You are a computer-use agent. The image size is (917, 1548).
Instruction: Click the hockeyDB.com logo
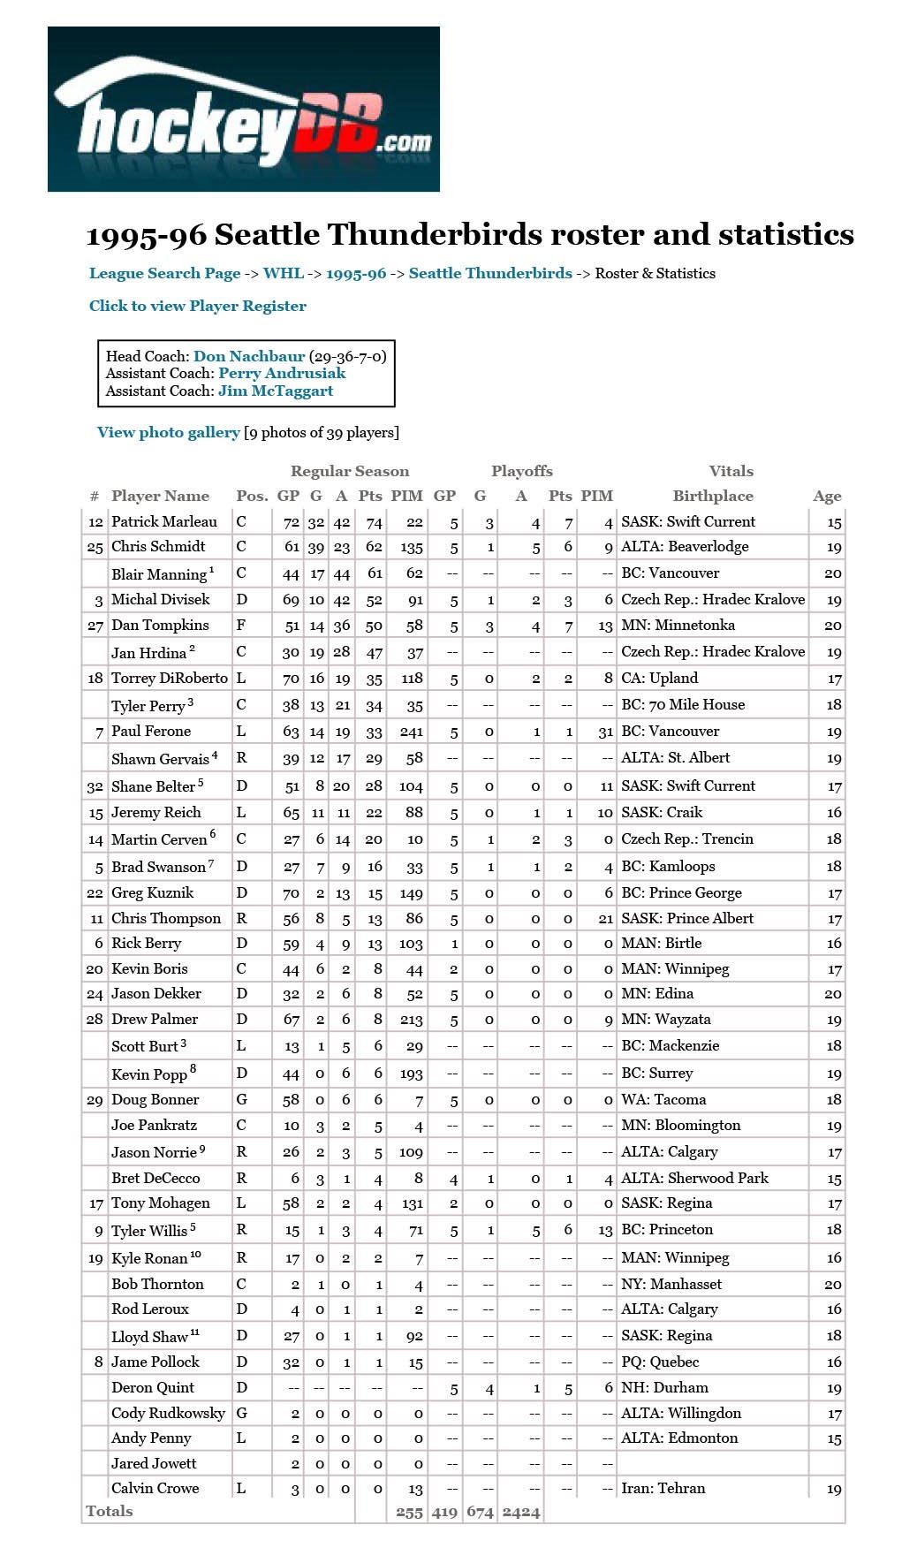coord(243,110)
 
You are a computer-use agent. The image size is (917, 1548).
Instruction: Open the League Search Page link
coord(164,274)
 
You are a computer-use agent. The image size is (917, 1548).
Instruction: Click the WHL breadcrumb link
coord(283,274)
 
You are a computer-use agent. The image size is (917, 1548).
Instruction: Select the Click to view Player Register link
coord(197,307)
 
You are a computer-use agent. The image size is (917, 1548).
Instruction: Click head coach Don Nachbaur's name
coord(249,357)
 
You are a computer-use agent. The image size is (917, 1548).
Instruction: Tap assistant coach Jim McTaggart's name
coord(276,391)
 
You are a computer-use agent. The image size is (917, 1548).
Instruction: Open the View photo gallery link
coord(168,433)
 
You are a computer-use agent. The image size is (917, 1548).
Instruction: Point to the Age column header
coord(827,497)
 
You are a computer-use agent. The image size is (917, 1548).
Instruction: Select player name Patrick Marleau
coord(164,522)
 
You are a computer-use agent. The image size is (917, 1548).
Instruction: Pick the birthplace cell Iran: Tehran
coord(663,1489)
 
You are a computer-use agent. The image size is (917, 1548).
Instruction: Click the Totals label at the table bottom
coord(110,1512)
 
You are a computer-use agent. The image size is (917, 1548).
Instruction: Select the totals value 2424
coord(520,1513)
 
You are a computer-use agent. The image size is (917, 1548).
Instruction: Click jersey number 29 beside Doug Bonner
coord(95,1100)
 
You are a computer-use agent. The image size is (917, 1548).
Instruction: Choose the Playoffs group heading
coord(521,472)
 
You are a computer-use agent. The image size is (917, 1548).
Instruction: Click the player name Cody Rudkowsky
coord(168,1414)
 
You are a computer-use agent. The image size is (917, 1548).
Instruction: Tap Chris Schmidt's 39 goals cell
coord(316,548)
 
